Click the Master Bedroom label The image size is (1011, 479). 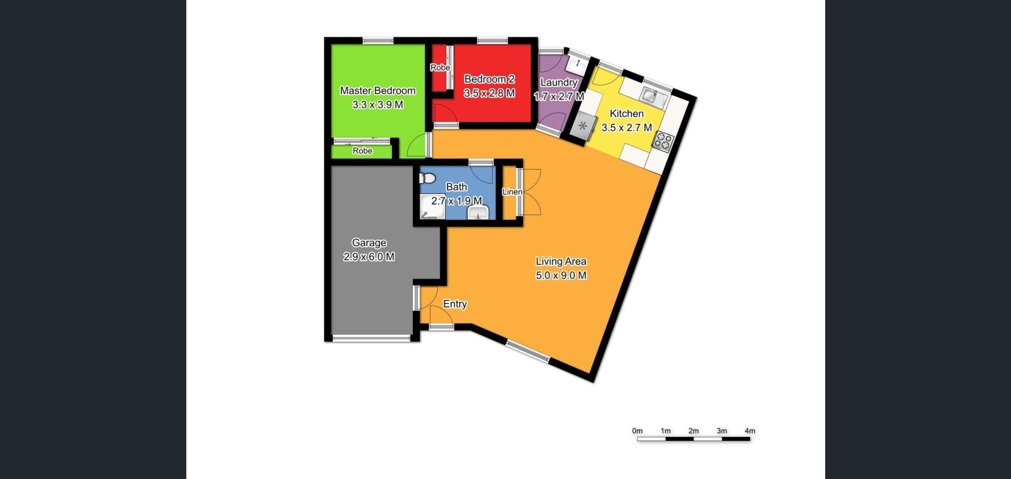pos(378,91)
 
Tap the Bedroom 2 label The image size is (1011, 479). pos(489,79)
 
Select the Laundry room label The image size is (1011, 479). pos(559,83)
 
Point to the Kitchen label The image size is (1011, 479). pos(627,113)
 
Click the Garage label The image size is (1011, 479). pos(369,243)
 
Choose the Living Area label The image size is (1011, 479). pos(561,261)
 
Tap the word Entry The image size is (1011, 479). pos(455,304)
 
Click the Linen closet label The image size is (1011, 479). pos(512,192)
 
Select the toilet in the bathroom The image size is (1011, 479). pos(428,178)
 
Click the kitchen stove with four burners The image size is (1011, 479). pos(662,141)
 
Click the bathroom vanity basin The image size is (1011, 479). pos(478,213)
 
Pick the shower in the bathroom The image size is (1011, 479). pos(432,206)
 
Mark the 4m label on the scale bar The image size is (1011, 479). pos(750,431)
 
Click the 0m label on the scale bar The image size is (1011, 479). pos(637,431)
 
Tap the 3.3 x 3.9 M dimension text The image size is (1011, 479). pos(378,105)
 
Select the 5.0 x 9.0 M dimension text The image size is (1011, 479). pos(561,275)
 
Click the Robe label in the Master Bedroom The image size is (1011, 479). pos(362,151)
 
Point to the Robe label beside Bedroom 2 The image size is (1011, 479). pos(440,67)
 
